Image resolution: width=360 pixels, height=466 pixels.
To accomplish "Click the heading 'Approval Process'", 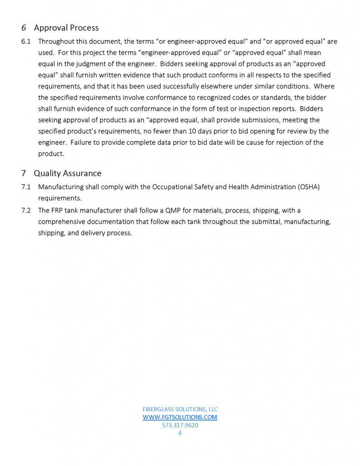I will click(x=66, y=28).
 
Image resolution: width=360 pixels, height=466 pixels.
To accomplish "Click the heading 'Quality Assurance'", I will click(x=67, y=173).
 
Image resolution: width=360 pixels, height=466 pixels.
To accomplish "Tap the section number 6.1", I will click(x=26, y=41).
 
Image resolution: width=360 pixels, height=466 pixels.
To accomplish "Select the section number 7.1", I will click(x=26, y=187).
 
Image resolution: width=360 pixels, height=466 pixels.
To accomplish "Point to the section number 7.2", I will click(x=26, y=210).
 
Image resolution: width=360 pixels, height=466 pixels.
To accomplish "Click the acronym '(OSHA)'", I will click(x=309, y=187).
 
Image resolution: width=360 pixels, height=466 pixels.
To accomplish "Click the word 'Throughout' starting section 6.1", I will click(x=57, y=41).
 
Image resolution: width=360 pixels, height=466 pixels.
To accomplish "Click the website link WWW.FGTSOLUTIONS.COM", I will click(x=180, y=417).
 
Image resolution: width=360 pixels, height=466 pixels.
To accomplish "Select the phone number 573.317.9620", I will click(x=180, y=425).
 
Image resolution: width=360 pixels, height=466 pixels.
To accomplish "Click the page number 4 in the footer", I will click(x=180, y=433).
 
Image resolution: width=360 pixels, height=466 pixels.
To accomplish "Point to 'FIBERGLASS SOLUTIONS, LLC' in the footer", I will click(x=180, y=409).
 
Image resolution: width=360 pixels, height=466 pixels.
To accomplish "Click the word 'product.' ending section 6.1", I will click(x=51, y=154).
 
